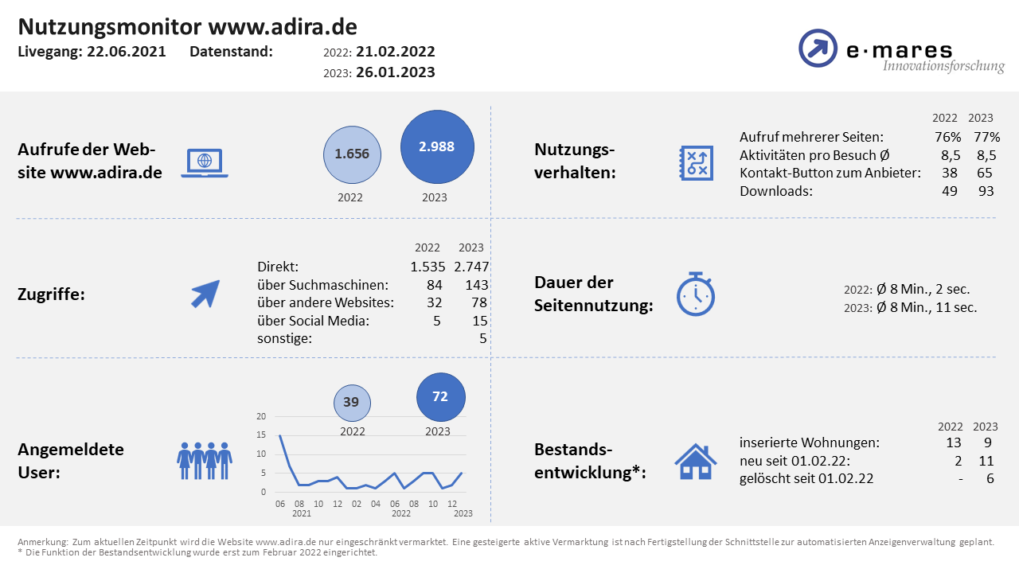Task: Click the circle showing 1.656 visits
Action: [x=352, y=154]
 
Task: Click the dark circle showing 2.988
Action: [x=437, y=147]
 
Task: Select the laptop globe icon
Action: [x=205, y=162]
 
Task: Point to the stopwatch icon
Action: [x=696, y=294]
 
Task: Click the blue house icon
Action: [x=696, y=461]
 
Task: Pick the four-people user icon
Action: [x=205, y=461]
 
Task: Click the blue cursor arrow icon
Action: [x=205, y=294]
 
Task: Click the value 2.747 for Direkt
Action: [x=471, y=267]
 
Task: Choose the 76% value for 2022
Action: [x=945, y=137]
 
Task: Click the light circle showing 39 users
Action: [x=351, y=403]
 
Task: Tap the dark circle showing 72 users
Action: [x=441, y=396]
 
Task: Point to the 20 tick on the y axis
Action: [x=261, y=416]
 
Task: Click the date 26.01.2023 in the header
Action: [x=396, y=72]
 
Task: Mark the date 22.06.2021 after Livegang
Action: [x=127, y=52]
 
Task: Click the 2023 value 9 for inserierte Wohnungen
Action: [x=988, y=442]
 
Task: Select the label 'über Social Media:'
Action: [x=314, y=322]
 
